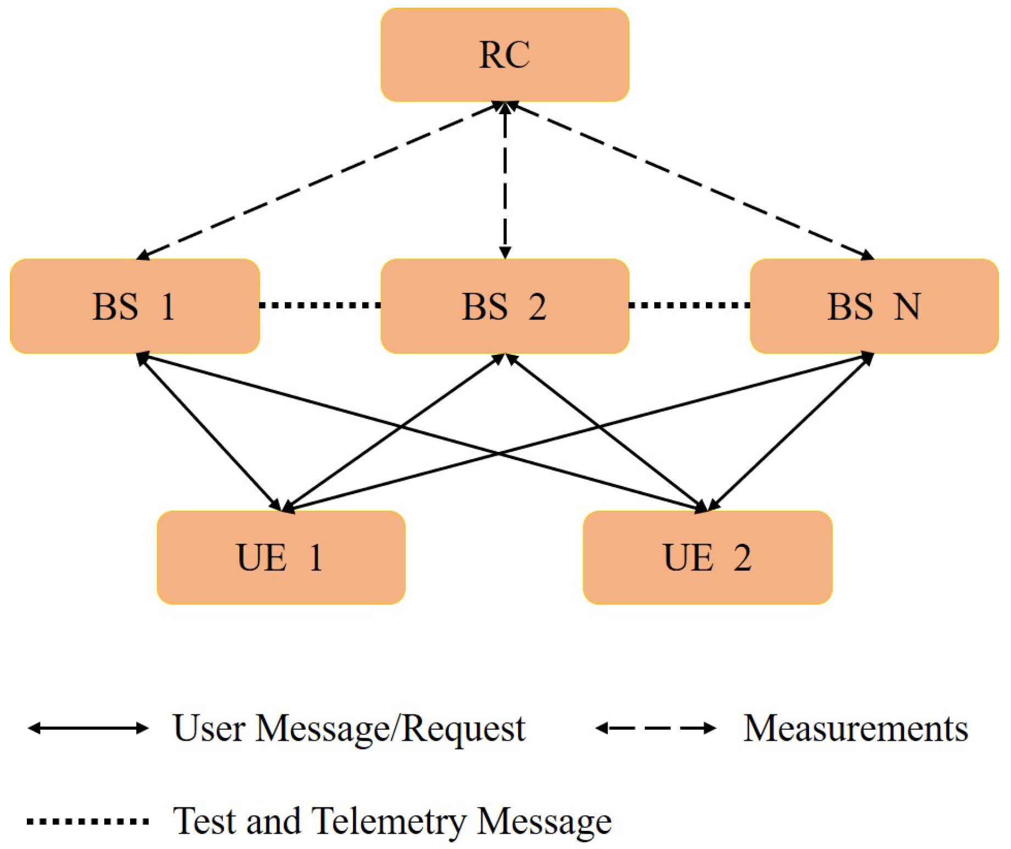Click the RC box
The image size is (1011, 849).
504,55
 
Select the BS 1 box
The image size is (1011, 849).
134,306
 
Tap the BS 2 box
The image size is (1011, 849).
504,306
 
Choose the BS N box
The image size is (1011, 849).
874,306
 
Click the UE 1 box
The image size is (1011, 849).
281,557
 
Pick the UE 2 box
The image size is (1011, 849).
707,557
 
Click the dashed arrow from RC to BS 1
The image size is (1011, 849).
318,180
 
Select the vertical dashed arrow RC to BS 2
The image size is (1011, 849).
505,181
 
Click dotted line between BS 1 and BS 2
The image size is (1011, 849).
320,305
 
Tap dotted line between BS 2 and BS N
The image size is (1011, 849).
689,305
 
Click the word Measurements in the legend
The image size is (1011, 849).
855,729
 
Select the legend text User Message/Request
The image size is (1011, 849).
349,729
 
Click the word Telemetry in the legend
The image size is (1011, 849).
389,822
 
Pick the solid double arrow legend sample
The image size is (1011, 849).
88,729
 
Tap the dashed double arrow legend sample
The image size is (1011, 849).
656,729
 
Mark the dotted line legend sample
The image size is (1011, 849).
88,822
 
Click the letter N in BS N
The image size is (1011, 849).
907,306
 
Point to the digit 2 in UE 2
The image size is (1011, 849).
742,557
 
